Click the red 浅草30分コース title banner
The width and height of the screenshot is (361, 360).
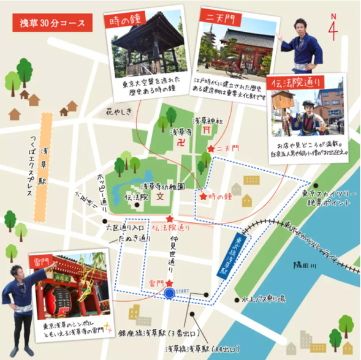(x=52, y=24)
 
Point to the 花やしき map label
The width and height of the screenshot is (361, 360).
(x=119, y=112)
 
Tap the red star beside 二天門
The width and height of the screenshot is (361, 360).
(x=211, y=149)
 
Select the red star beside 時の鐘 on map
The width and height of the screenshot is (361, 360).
(x=203, y=197)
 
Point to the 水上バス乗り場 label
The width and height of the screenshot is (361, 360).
(x=264, y=299)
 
